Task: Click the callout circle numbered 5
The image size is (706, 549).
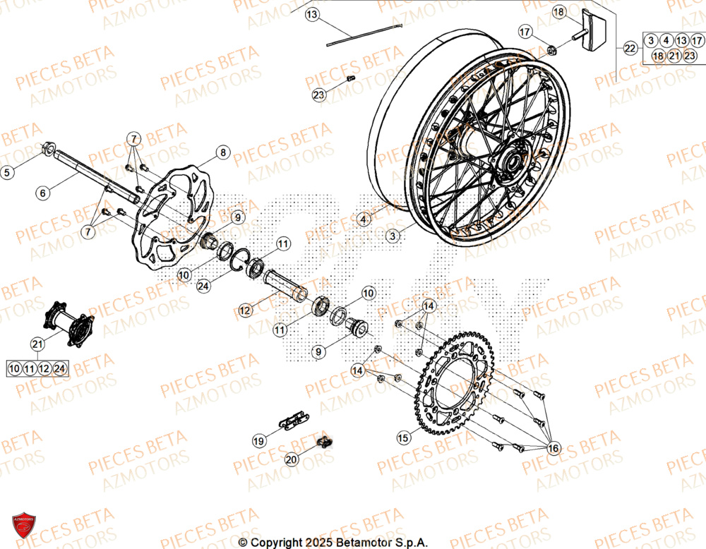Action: [7, 171]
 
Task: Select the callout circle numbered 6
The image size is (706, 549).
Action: [42, 192]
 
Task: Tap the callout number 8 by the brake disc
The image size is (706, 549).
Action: [223, 152]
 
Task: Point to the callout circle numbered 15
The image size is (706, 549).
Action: [403, 438]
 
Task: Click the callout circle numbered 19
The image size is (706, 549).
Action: [259, 441]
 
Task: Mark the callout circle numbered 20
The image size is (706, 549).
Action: [292, 459]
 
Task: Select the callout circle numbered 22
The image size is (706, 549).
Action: [630, 48]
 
